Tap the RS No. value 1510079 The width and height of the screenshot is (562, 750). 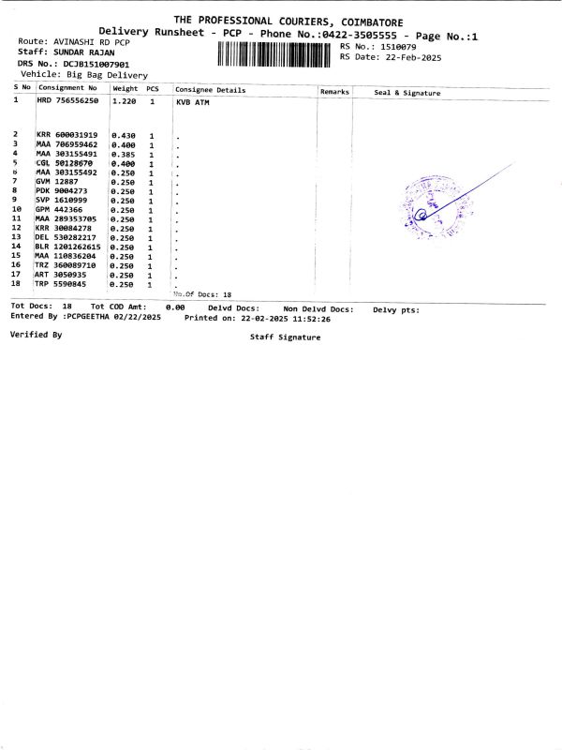(398, 46)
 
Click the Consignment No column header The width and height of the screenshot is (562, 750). (67, 88)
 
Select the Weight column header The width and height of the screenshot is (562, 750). (125, 88)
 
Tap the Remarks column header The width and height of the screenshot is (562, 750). (334, 92)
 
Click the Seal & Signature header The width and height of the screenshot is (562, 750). (407, 93)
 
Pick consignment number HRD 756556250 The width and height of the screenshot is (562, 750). (67, 99)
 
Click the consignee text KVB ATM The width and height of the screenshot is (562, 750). (194, 100)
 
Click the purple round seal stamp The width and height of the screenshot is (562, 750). (429, 204)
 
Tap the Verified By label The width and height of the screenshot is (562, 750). (36, 334)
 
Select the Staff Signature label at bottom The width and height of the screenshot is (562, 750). (285, 337)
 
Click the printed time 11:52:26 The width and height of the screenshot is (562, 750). (312, 318)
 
